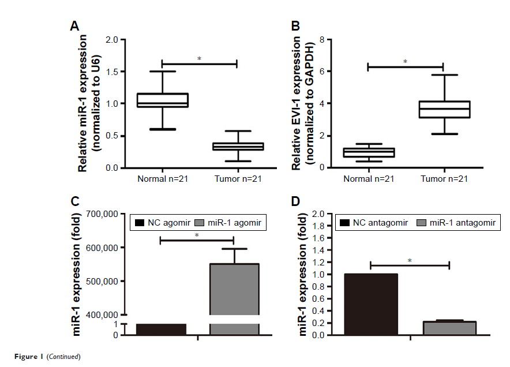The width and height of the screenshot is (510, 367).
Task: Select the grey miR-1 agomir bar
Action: click(234, 289)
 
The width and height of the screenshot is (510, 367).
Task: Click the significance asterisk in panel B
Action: click(405, 62)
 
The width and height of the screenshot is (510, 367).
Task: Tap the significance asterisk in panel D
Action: click(410, 261)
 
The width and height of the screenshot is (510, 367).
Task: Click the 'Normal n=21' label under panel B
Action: click(369, 178)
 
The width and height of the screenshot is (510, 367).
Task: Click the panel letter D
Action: click(296, 201)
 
